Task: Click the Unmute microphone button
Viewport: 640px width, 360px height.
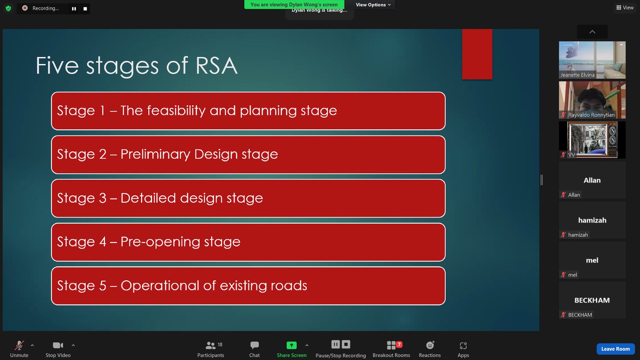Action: pyautogui.click(x=19, y=345)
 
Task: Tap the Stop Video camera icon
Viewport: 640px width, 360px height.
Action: pyautogui.click(x=58, y=345)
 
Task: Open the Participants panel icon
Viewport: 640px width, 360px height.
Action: pyautogui.click(x=211, y=345)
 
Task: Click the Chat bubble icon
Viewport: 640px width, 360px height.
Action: pyautogui.click(x=254, y=345)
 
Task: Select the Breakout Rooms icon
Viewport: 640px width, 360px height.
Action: pyautogui.click(x=391, y=345)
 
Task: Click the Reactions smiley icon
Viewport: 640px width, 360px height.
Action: pyautogui.click(x=430, y=345)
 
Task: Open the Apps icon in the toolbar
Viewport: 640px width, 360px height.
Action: pyautogui.click(x=463, y=346)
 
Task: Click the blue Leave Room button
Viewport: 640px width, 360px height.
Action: pyautogui.click(x=615, y=349)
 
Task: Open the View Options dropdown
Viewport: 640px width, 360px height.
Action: pyautogui.click(x=373, y=5)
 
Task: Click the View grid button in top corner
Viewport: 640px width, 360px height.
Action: pyautogui.click(x=625, y=8)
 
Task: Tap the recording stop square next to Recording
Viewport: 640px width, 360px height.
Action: pyautogui.click(x=85, y=9)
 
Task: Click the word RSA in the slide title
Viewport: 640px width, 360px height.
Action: pyautogui.click(x=216, y=65)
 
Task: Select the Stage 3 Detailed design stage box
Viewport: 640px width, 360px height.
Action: pyautogui.click(x=248, y=198)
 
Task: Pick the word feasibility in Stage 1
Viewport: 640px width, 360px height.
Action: pyautogui.click(x=176, y=111)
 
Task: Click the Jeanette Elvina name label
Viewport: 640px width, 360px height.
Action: pyautogui.click(x=577, y=75)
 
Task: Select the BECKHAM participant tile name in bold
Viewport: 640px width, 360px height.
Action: pyautogui.click(x=592, y=300)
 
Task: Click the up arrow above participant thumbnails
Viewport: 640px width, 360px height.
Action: pyautogui.click(x=592, y=32)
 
